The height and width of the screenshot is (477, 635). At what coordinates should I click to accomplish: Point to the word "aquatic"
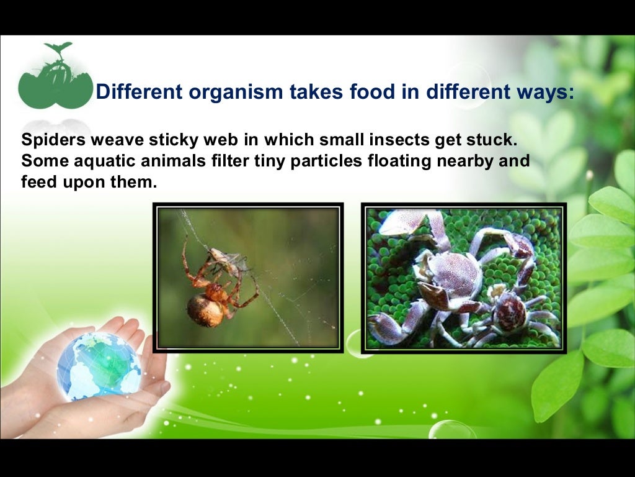pos(104,161)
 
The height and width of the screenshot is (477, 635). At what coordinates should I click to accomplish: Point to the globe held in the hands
pos(99,366)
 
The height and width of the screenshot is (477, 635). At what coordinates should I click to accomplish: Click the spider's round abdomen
pos(205,311)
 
